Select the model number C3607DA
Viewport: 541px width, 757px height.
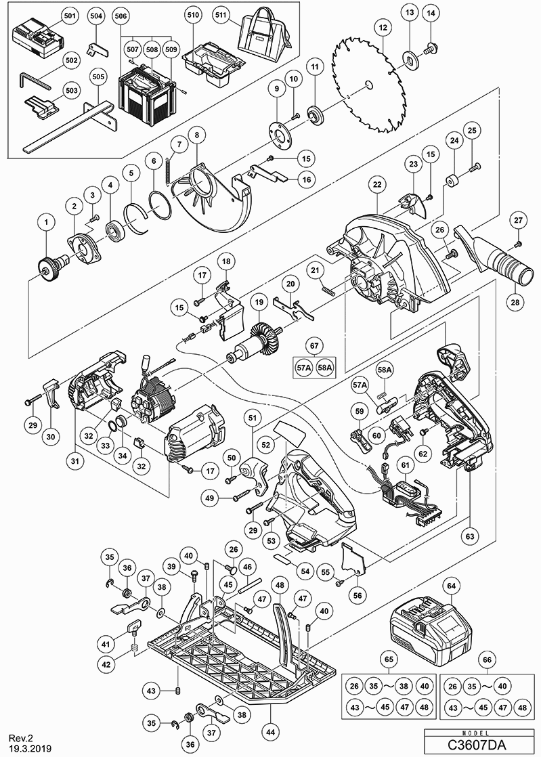coord(481,745)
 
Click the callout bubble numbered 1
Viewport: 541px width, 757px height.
coord(47,222)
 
